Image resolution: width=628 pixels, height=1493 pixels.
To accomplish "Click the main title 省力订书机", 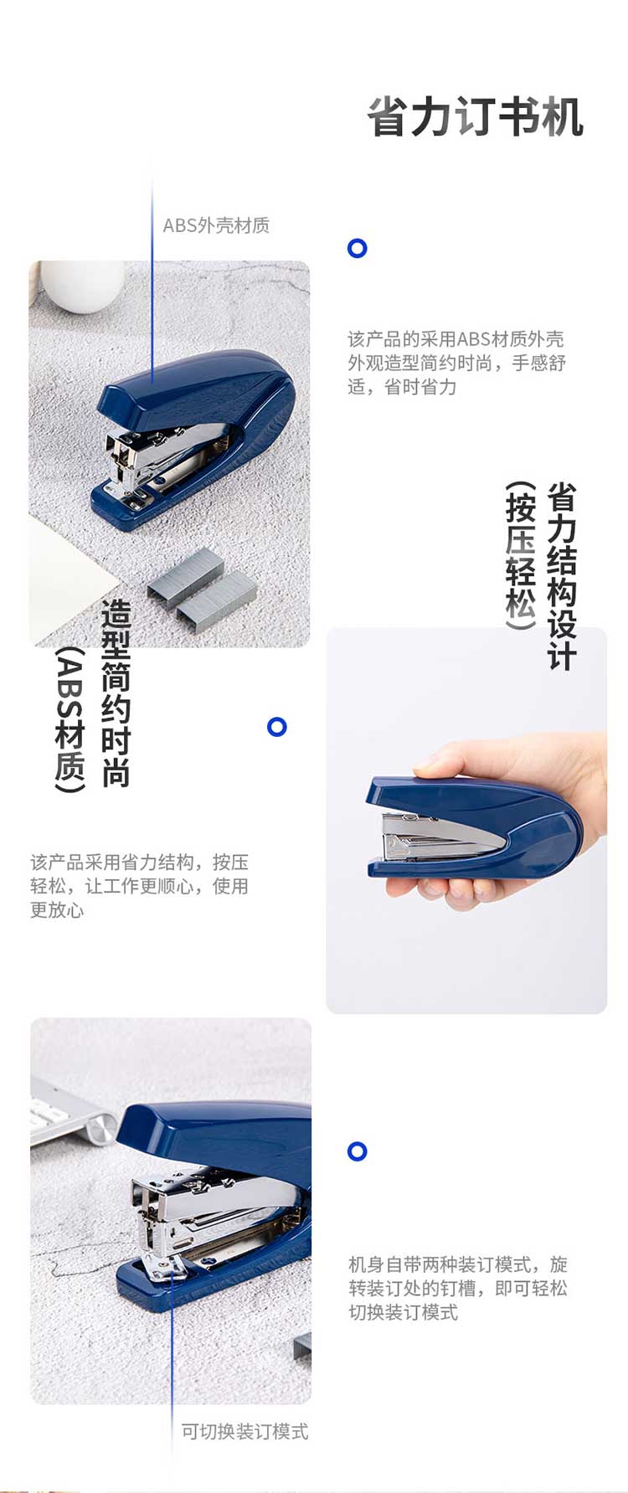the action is tap(475, 117).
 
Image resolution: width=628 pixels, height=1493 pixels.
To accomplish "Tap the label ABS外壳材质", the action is tap(216, 225).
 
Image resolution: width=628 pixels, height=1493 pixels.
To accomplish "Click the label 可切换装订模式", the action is tap(245, 1431).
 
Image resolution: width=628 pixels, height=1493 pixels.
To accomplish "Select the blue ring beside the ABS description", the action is tap(358, 248).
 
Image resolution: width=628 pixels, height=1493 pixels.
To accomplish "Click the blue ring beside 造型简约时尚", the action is tap(277, 727).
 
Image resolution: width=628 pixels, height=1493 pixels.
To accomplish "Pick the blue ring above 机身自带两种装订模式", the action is tap(358, 1151).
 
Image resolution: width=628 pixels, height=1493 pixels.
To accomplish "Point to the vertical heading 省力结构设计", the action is tap(562, 576).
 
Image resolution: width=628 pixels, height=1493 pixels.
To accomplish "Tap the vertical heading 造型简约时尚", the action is tap(116, 693).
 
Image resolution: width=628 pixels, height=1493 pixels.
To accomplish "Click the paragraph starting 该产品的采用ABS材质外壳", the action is tap(456, 363).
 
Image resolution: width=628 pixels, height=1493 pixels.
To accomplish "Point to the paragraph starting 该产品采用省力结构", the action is tap(139, 886).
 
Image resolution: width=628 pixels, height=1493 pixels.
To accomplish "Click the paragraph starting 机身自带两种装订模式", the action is tap(458, 1288).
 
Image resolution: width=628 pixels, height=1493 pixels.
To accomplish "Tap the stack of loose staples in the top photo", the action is tap(202, 586).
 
